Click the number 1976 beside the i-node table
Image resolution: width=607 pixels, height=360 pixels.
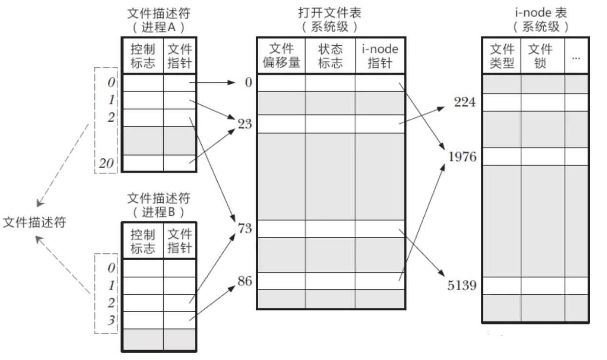pyautogui.click(x=462, y=157)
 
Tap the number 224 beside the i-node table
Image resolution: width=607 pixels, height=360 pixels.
pyautogui.click(x=465, y=102)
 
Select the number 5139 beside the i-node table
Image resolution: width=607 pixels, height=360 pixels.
pyautogui.click(x=462, y=285)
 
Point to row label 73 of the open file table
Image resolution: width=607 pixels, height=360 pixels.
pyautogui.click(x=245, y=228)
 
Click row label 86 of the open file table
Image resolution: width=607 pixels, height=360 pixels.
pyautogui.click(x=245, y=281)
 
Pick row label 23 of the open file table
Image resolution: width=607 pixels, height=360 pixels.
pyautogui.click(x=245, y=124)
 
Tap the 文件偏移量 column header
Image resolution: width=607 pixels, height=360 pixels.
pyautogui.click(x=281, y=56)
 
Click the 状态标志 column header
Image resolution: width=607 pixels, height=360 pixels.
pyautogui.click(x=330, y=56)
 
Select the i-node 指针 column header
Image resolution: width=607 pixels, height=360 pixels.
pyautogui.click(x=380, y=56)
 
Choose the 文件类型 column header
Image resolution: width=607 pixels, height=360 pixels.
pyautogui.click(x=502, y=56)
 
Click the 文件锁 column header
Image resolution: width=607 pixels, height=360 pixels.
pyautogui.click(x=540, y=56)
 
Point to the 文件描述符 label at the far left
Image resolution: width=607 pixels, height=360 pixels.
pyautogui.click(x=34, y=223)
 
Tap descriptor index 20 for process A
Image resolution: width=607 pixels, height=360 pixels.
pyautogui.click(x=106, y=164)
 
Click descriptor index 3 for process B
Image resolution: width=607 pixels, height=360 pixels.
pyautogui.click(x=111, y=321)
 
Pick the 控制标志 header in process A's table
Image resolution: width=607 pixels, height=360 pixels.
pyautogui.click(x=142, y=56)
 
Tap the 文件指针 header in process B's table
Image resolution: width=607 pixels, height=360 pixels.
pyautogui.click(x=180, y=241)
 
